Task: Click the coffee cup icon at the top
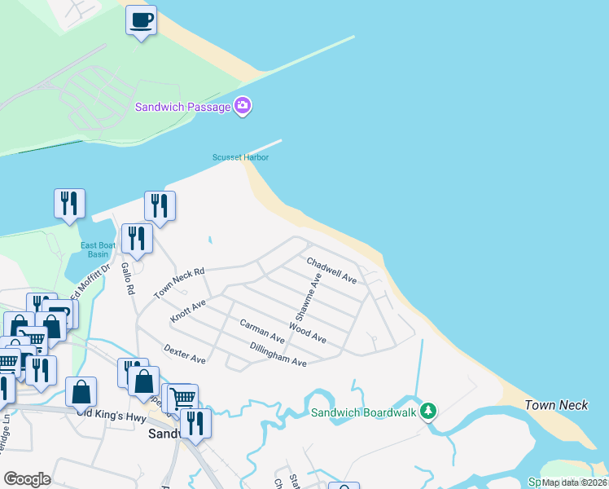[x=141, y=20]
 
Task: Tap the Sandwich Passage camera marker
[x=243, y=106]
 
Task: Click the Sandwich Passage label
[x=182, y=107]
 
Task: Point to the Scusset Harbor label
[x=241, y=157]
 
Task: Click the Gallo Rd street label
[x=128, y=277]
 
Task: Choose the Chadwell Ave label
[x=331, y=270]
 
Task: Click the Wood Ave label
[x=307, y=333]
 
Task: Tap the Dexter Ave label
[x=184, y=353]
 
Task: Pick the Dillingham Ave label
[x=278, y=355]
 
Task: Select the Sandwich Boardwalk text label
[x=363, y=412]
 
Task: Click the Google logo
[x=27, y=479]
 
